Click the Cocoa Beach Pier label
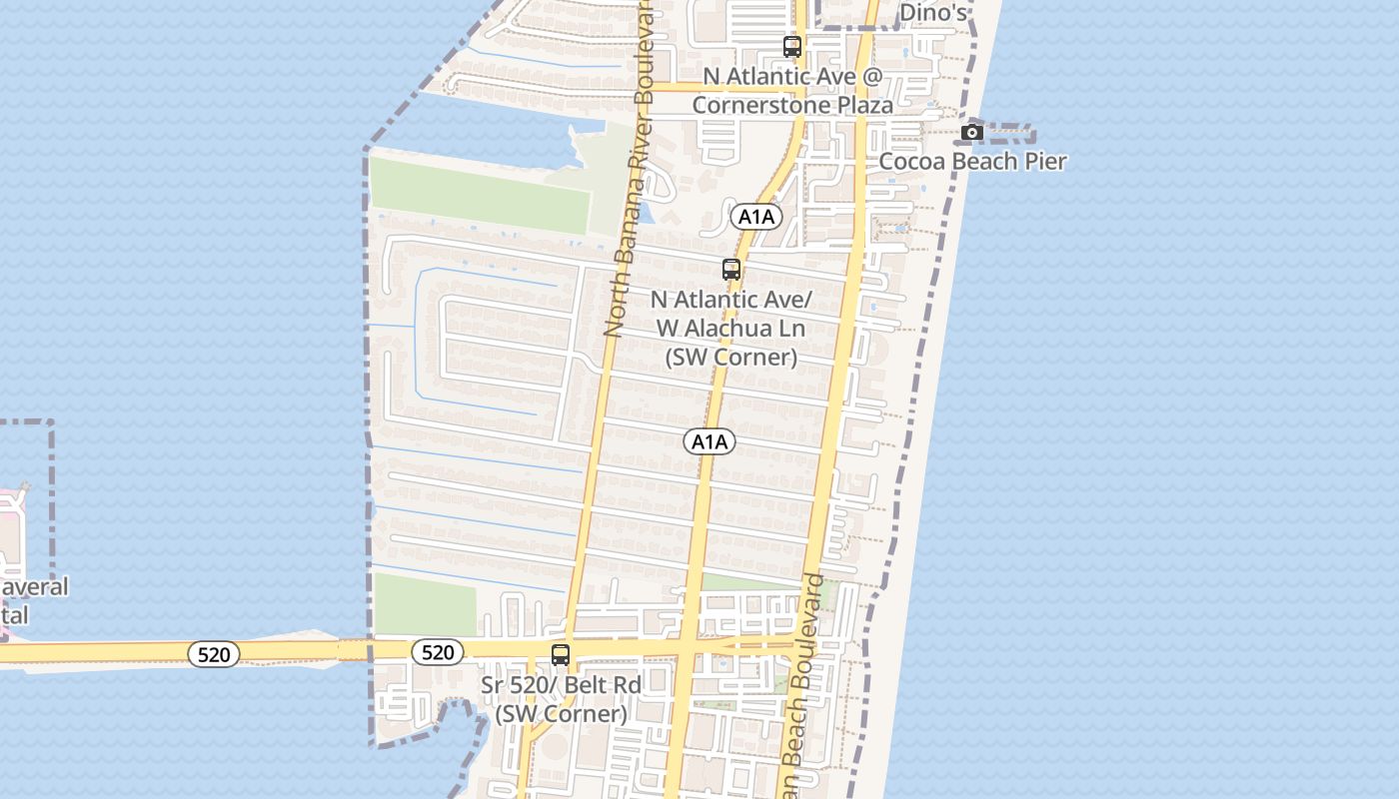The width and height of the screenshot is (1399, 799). click(972, 161)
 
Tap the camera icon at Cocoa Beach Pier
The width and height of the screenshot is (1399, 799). click(971, 132)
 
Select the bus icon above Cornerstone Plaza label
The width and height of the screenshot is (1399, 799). click(792, 46)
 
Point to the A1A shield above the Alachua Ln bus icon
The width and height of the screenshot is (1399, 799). click(755, 216)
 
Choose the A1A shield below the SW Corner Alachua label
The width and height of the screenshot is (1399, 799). click(709, 441)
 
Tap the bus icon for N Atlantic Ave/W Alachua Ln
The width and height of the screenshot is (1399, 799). click(731, 270)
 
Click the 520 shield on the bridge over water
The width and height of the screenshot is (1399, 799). click(214, 654)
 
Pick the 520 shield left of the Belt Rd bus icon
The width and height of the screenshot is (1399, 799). click(438, 652)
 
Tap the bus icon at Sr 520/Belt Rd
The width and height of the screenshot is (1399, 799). click(561, 655)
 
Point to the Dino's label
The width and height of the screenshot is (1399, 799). click(933, 12)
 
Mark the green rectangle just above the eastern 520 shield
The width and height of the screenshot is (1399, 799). click(424, 605)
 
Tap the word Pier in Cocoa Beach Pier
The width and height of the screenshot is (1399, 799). click(1045, 161)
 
